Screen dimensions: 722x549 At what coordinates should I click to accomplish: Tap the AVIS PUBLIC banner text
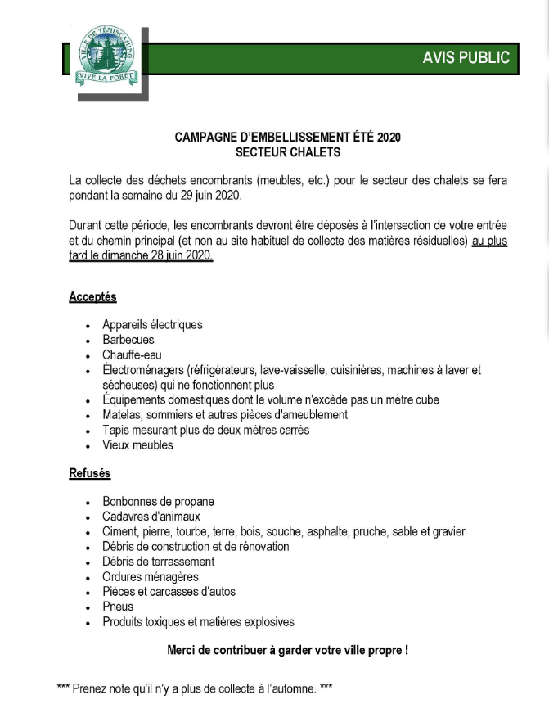pos(466,57)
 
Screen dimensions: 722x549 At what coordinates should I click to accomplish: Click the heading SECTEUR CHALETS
pos(287,152)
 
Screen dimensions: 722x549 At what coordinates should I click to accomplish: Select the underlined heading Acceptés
pos(92,297)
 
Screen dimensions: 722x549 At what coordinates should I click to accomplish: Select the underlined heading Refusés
pos(89,473)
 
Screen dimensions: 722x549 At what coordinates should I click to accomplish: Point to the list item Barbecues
pos(128,340)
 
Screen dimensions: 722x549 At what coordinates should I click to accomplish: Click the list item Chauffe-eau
pos(132,355)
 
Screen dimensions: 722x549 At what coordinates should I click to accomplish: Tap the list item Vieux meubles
pos(137,445)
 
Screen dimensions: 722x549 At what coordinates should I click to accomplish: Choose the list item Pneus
pos(118,607)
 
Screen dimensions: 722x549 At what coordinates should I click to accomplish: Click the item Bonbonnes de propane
pos(158,501)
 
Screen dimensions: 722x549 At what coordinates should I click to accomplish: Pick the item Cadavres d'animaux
pos(151,517)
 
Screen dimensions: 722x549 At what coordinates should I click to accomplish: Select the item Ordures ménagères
pos(150,576)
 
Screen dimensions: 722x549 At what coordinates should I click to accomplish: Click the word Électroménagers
pos(142,370)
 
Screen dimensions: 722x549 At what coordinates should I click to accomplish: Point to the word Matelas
pos(120,415)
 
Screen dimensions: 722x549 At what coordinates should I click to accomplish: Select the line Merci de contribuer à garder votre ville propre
pos(287,651)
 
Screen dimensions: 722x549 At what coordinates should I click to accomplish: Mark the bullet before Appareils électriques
pos(88,326)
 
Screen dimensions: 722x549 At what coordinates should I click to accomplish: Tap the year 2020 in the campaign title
pos(389,138)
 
